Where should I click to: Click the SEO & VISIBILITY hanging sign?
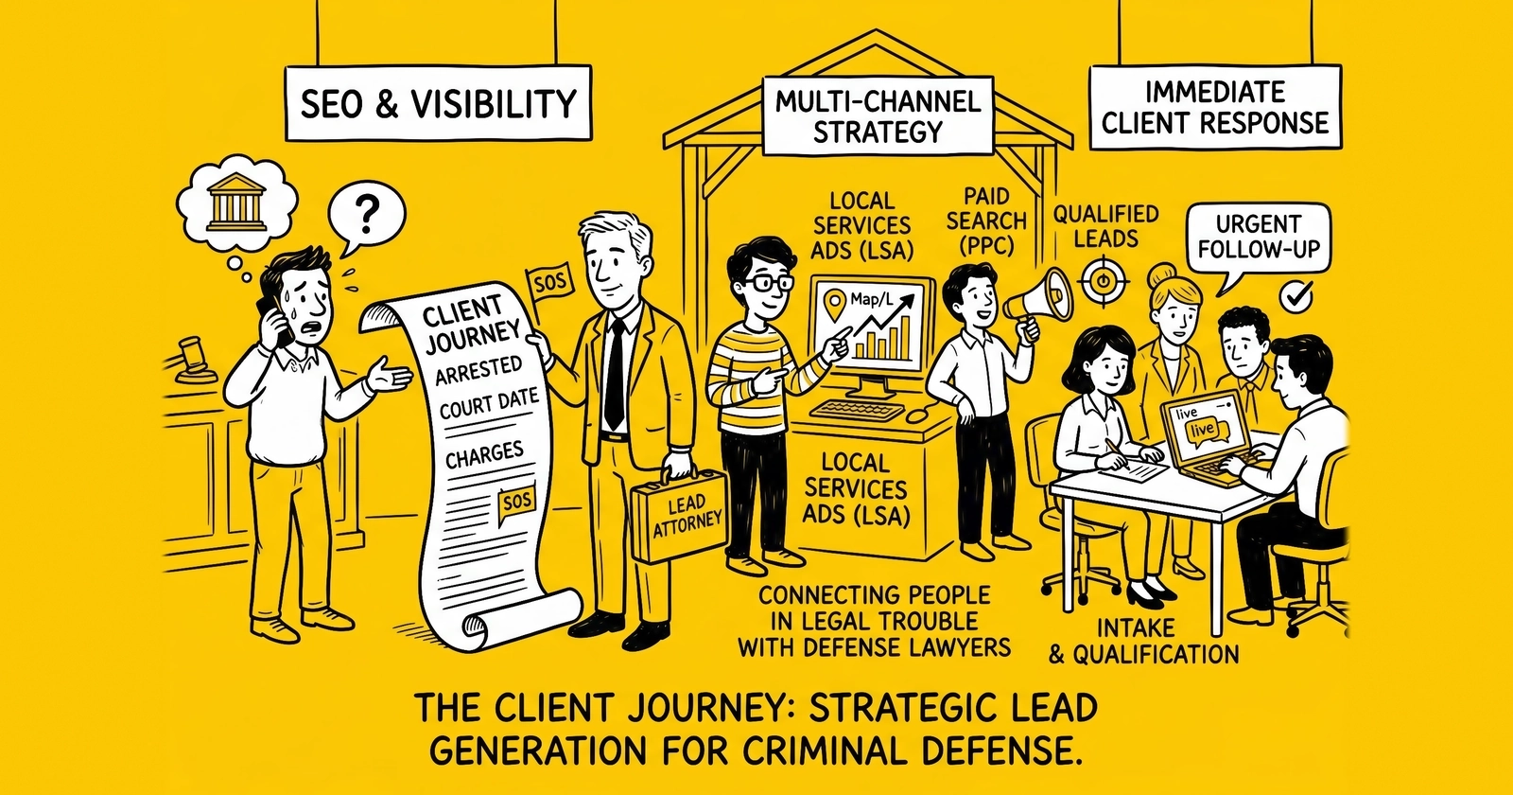(438, 103)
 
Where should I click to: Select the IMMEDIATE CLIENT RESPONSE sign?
(1215, 108)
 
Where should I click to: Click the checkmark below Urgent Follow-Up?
(1296, 297)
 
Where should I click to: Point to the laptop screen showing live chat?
(1202, 426)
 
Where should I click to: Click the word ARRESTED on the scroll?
(478, 370)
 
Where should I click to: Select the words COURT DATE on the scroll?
(488, 404)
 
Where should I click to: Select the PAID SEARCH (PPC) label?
(987, 221)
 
